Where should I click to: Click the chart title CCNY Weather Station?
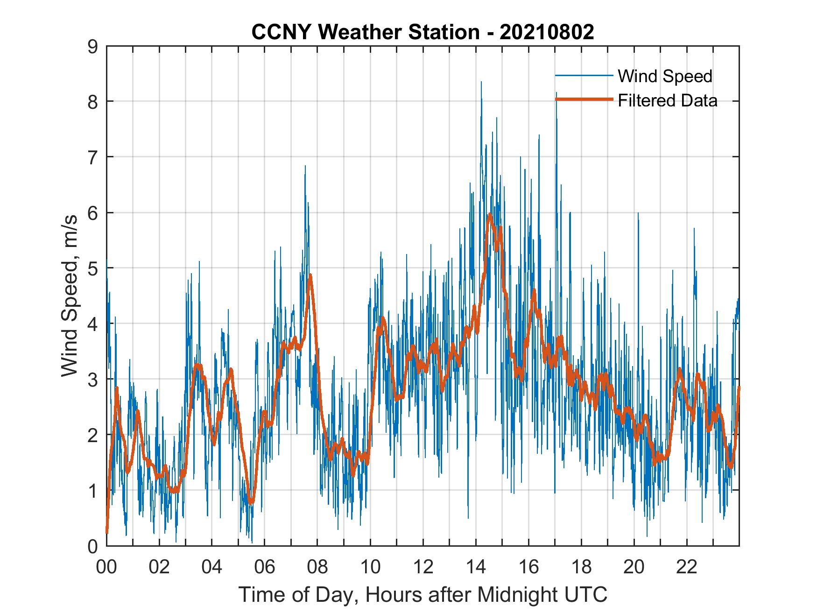(x=366, y=32)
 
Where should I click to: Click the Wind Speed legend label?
(x=665, y=76)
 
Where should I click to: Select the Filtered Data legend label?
(x=667, y=100)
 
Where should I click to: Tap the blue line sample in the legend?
(x=584, y=76)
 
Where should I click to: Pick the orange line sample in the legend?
(x=584, y=99)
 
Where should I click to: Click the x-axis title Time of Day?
(x=423, y=594)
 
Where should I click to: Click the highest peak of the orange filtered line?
(x=489, y=214)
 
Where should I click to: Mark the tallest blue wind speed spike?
(x=481, y=82)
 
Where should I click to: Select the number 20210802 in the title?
(x=547, y=32)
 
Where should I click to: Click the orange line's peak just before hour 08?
(x=310, y=275)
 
